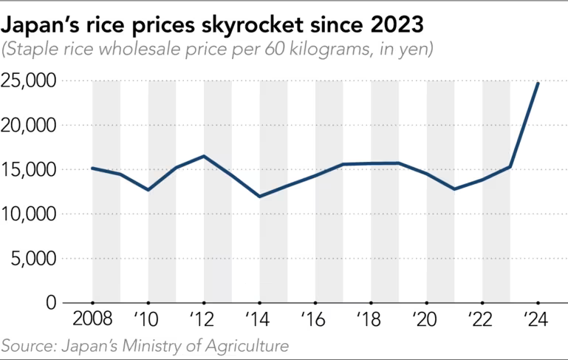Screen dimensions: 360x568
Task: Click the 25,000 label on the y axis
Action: pyautogui.click(x=29, y=81)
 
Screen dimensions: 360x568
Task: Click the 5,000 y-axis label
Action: pyautogui.click(x=33, y=259)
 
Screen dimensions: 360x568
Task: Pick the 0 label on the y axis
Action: pyautogui.click(x=50, y=302)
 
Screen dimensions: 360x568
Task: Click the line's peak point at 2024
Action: pyautogui.click(x=537, y=84)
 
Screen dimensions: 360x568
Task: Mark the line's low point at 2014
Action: pyautogui.click(x=259, y=196)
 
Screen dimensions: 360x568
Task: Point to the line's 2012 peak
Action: pyautogui.click(x=204, y=156)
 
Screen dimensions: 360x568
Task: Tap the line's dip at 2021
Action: pyautogui.click(x=454, y=189)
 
